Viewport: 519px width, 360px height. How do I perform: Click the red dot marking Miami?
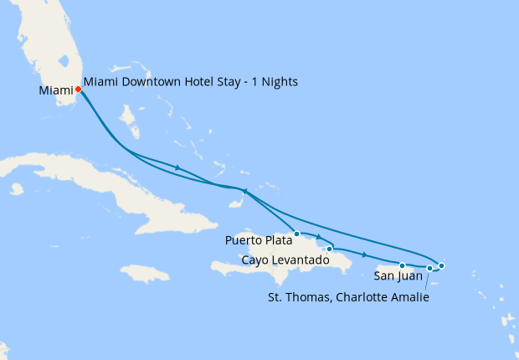(x=78, y=89)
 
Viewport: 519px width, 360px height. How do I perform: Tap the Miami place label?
(x=55, y=90)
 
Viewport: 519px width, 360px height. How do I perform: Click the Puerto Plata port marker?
(x=297, y=234)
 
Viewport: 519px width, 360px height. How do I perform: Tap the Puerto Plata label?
(x=259, y=240)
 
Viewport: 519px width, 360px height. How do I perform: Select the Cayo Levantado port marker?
(x=330, y=249)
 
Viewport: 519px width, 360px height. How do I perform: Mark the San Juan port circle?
(x=403, y=265)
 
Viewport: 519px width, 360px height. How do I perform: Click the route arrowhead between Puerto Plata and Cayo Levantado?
(x=319, y=238)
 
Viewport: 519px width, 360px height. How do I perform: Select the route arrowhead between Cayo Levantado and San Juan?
(x=364, y=254)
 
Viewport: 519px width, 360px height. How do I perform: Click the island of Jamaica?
(x=145, y=273)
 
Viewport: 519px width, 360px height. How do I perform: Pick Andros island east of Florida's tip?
(x=131, y=122)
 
